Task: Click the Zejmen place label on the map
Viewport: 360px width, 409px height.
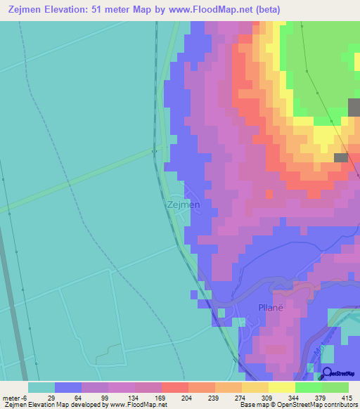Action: click(x=184, y=205)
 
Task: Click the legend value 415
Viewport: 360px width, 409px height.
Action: click(x=348, y=397)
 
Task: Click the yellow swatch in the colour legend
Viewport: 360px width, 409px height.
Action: click(x=281, y=387)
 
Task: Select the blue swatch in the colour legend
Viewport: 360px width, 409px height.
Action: click(x=68, y=387)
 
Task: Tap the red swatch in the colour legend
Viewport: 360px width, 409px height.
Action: click(x=174, y=387)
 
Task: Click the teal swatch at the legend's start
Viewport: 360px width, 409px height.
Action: click(x=41, y=387)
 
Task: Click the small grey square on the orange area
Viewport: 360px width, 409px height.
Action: click(x=341, y=158)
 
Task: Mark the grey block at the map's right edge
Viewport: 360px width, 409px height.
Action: click(x=354, y=108)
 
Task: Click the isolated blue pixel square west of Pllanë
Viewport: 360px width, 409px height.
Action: click(x=193, y=294)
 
